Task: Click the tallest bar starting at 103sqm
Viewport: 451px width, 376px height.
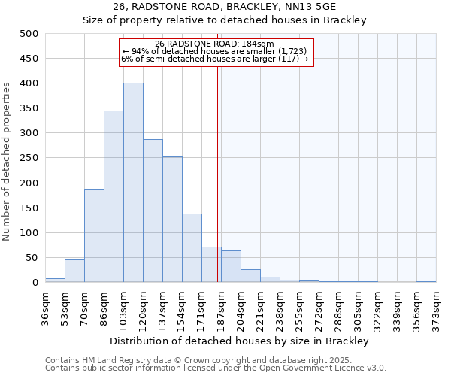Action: point(133,183)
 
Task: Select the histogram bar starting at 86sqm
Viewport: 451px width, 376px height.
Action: point(114,196)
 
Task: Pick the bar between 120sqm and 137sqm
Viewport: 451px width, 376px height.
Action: point(153,211)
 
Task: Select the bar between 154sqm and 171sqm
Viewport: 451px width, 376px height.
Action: point(192,248)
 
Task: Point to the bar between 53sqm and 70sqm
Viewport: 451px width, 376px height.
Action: point(74,271)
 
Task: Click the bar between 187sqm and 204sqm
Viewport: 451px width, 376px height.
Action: point(231,266)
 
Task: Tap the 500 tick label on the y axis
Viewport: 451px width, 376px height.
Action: point(29,34)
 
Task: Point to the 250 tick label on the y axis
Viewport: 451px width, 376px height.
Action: point(29,158)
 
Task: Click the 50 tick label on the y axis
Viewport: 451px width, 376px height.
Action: point(32,258)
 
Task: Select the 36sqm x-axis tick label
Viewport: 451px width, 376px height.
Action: point(45,306)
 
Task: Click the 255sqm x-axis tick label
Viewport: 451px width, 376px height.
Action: point(299,306)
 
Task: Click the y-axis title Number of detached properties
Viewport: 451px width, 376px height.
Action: point(8,158)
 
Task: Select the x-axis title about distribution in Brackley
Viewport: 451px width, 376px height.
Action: point(240,341)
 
